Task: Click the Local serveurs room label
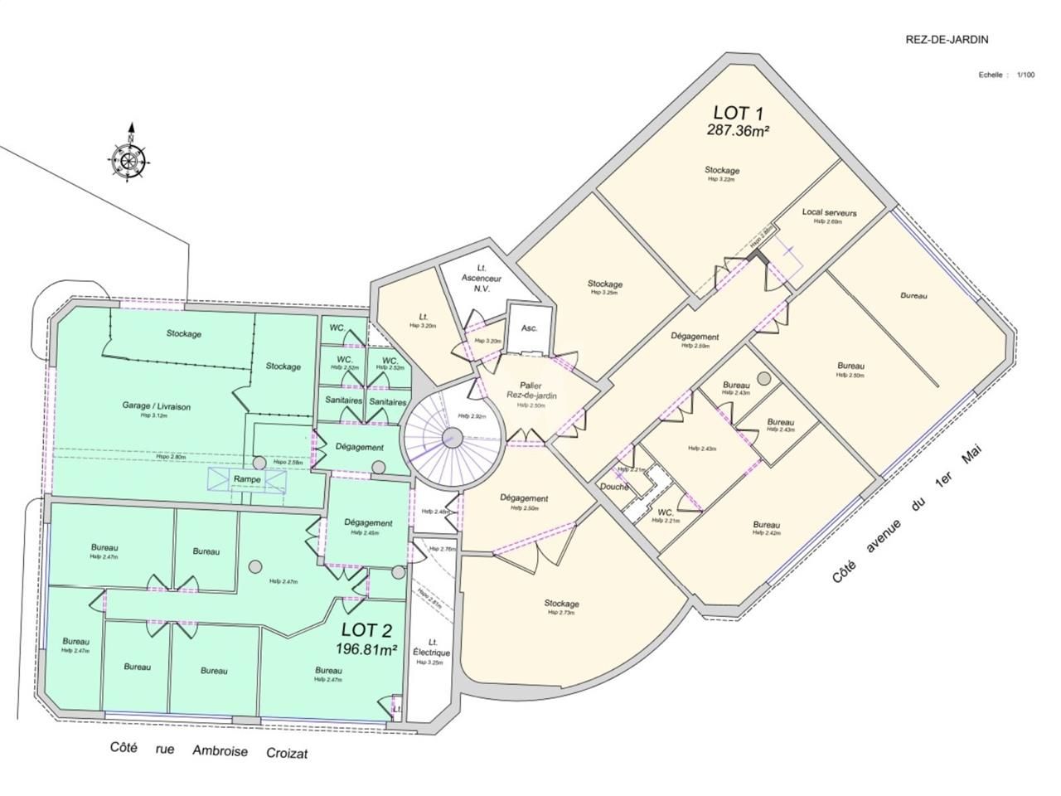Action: click(x=829, y=213)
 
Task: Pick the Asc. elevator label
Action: click(x=530, y=328)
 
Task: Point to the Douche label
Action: click(x=614, y=488)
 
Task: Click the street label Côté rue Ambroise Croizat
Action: click(x=208, y=750)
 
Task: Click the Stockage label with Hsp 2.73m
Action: click(x=561, y=604)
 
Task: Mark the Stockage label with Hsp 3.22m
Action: click(x=722, y=170)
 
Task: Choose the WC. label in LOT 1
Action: click(x=665, y=512)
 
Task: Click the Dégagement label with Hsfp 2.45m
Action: click(x=369, y=523)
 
